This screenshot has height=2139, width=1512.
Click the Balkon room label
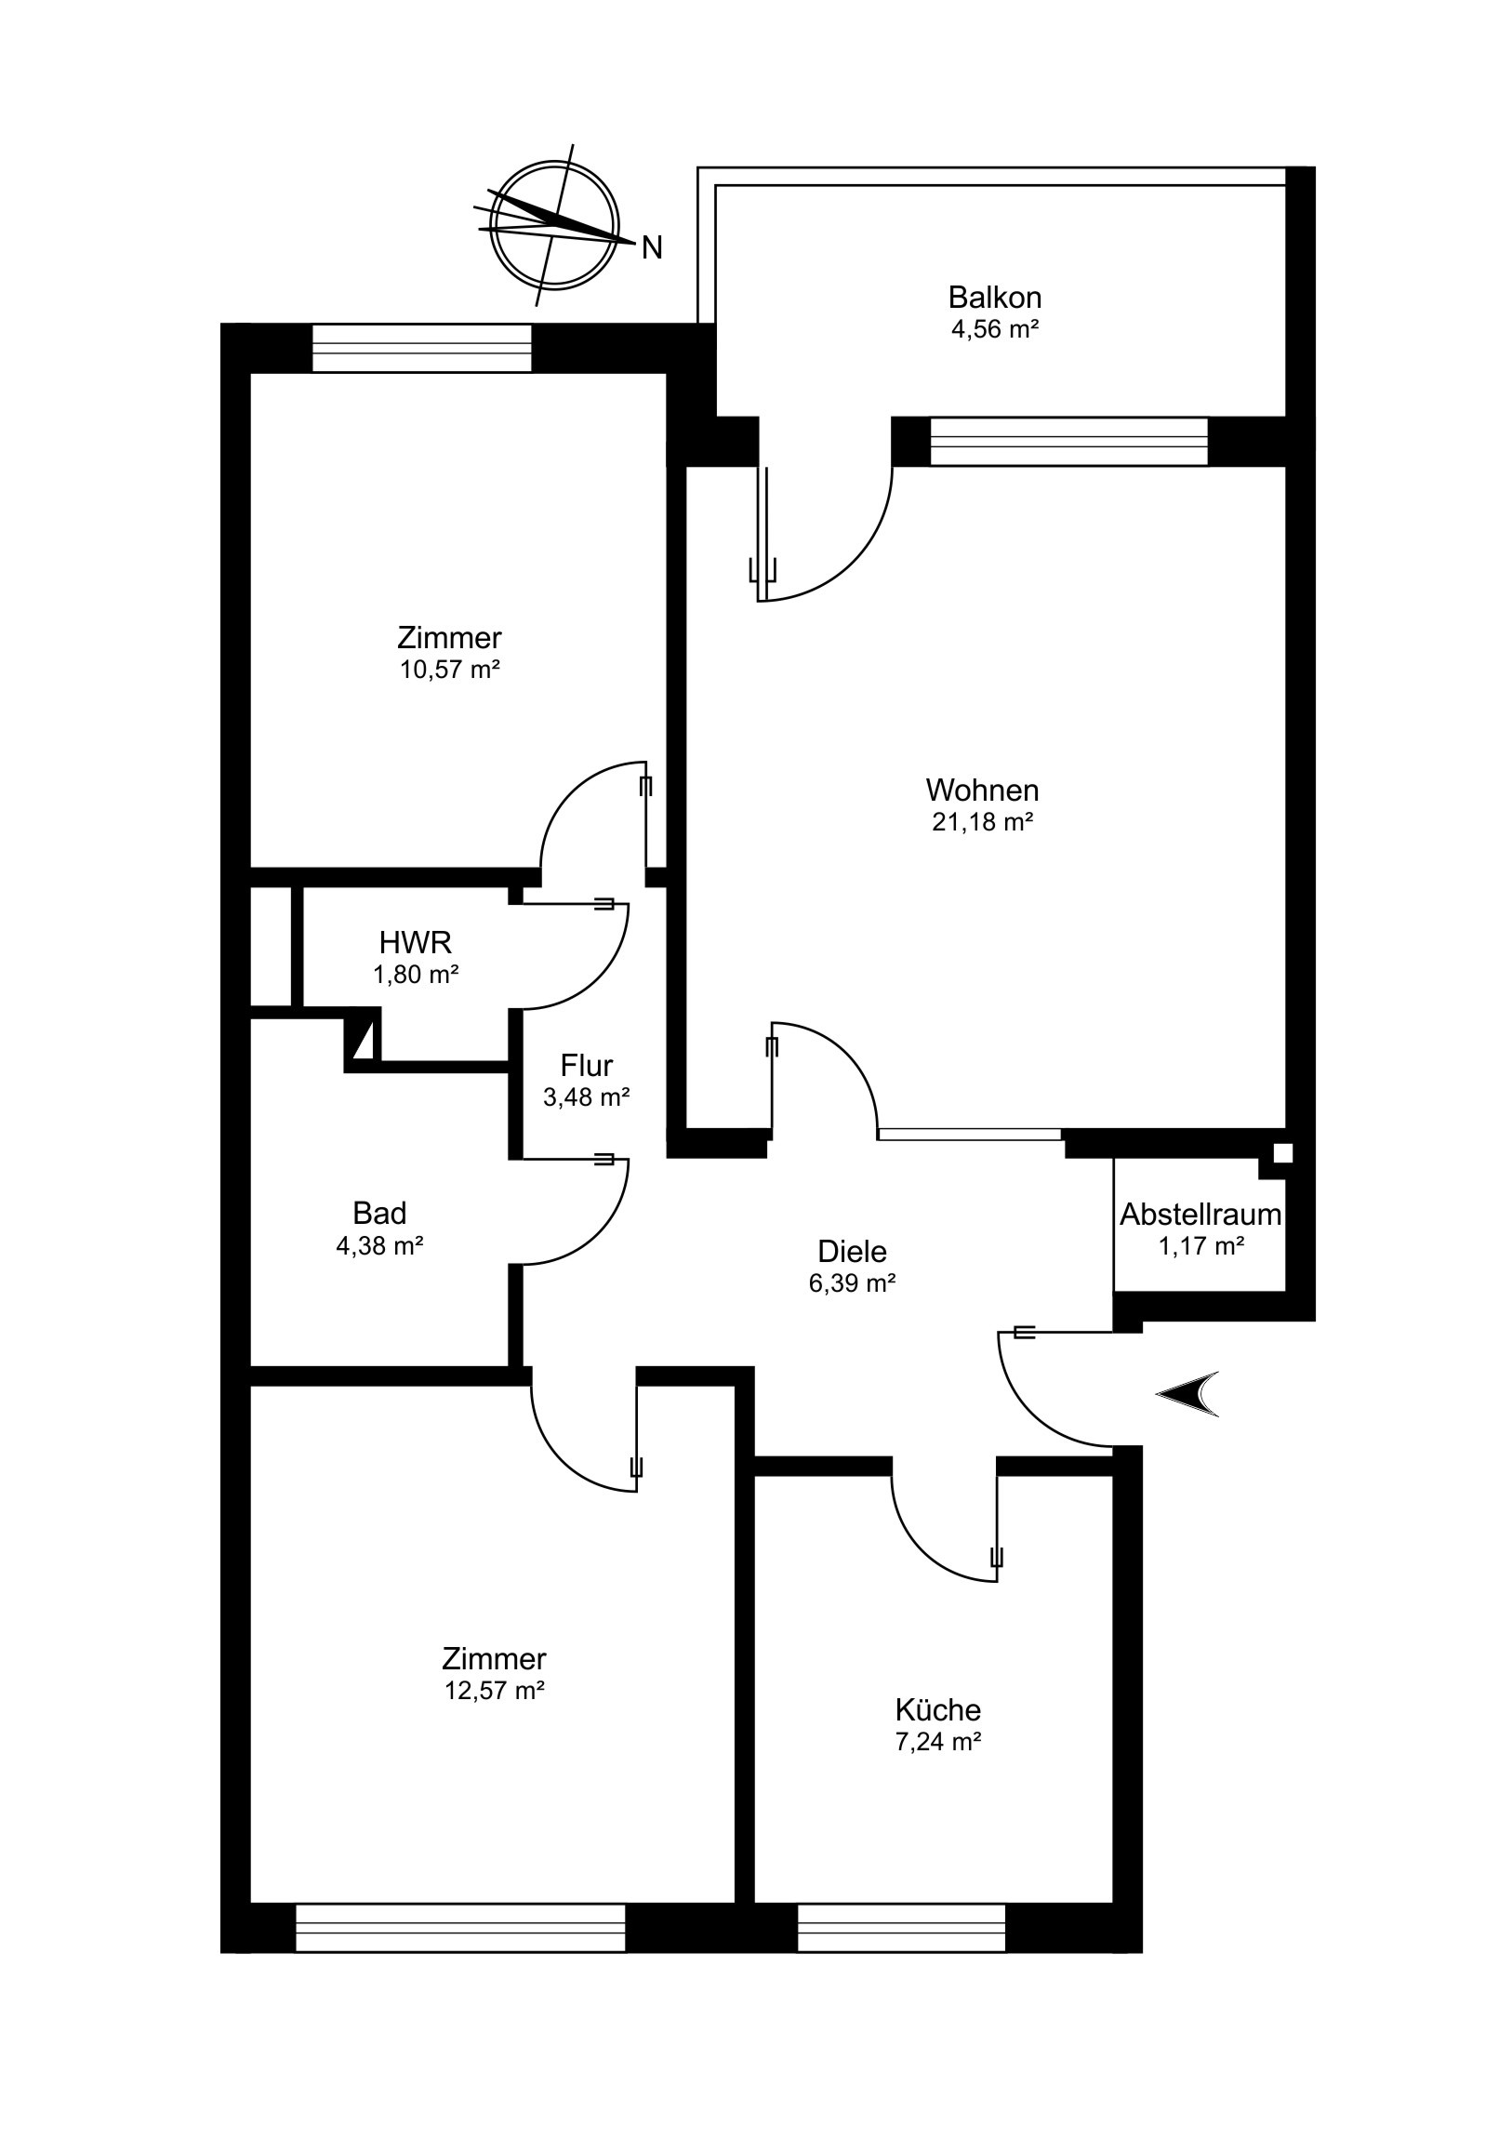click(x=994, y=299)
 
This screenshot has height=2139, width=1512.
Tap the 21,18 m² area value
click(x=983, y=822)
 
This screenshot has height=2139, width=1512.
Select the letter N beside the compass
click(x=652, y=247)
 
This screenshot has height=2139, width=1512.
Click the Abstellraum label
click(x=1200, y=1215)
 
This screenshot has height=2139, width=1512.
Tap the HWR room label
click(x=416, y=943)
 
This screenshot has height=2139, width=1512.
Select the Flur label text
click(x=587, y=1065)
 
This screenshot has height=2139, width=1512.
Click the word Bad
click(x=380, y=1213)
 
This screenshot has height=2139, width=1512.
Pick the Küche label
click(x=938, y=1709)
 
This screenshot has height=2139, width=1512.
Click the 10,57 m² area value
click(x=450, y=669)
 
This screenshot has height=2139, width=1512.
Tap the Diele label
click(x=853, y=1250)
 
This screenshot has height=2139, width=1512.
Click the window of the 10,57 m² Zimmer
click(x=421, y=348)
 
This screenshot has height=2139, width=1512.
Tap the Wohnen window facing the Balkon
click(x=1068, y=441)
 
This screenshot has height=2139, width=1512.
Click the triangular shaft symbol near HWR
click(x=364, y=1040)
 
